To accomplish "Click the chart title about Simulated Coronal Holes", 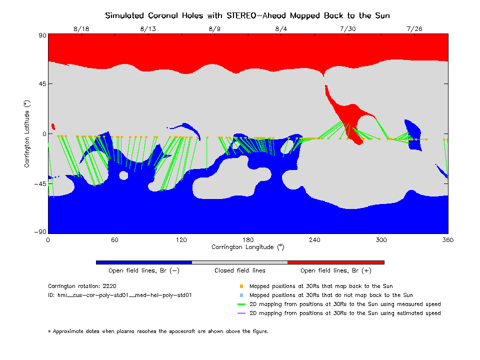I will (247, 15).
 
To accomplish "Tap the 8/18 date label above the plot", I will (81, 29).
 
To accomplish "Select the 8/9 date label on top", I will (214, 29).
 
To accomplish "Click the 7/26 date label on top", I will (414, 29).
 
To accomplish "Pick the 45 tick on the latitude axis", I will (40, 84).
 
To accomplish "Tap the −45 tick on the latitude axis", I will (39, 182).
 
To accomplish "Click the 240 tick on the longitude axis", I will (314, 240).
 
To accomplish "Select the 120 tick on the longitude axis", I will (181, 240).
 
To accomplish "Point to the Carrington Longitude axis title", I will (247, 247).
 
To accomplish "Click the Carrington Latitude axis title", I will (26, 133).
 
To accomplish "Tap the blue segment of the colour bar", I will (143, 262).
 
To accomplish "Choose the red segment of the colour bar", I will (335, 262).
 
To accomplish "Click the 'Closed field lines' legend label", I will (240, 270).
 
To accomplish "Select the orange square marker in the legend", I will (241, 286).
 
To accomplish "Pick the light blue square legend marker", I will (241, 295).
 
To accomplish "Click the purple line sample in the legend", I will (241, 313).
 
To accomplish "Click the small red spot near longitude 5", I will (53, 126).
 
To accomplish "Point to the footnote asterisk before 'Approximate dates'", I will (49, 331).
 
